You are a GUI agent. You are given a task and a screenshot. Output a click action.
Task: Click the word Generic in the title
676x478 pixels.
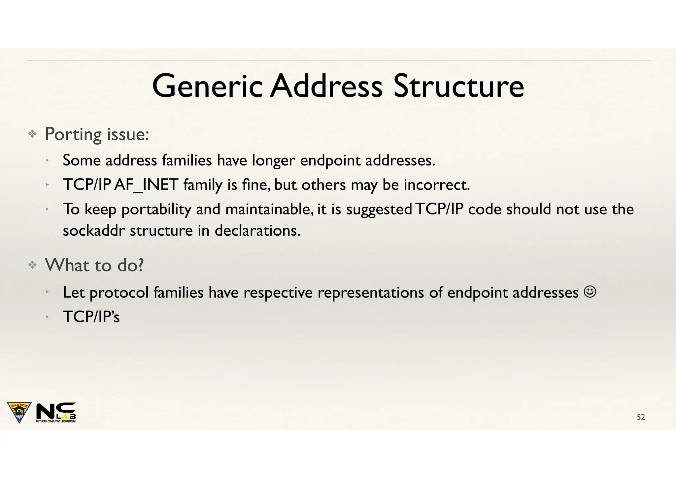click(207, 86)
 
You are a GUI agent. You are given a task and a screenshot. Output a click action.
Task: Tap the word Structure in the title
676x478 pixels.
click(458, 86)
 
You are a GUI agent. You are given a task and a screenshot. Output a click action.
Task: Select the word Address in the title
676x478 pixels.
click(326, 86)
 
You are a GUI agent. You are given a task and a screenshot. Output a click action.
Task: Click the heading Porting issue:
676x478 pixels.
click(97, 134)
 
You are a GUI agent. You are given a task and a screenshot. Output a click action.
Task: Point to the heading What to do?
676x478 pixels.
click(94, 265)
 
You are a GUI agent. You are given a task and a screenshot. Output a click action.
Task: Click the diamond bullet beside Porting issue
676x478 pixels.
click(32, 134)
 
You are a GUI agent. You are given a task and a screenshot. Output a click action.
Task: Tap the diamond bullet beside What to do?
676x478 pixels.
click(32, 265)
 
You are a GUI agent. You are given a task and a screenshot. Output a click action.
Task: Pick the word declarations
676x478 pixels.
click(257, 230)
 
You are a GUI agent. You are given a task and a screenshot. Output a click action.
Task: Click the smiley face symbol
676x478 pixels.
click(590, 292)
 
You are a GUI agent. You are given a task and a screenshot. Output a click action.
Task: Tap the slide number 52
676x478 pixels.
click(641, 417)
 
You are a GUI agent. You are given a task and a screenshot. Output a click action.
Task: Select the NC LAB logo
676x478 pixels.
click(56, 412)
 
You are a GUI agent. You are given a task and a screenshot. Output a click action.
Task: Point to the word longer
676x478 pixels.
click(273, 161)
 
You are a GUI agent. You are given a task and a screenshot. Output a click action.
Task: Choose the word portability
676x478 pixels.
click(156, 210)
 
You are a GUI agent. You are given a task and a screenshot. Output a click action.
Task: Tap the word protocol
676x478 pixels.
click(119, 293)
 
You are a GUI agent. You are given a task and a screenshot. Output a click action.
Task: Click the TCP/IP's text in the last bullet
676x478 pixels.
click(91, 317)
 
